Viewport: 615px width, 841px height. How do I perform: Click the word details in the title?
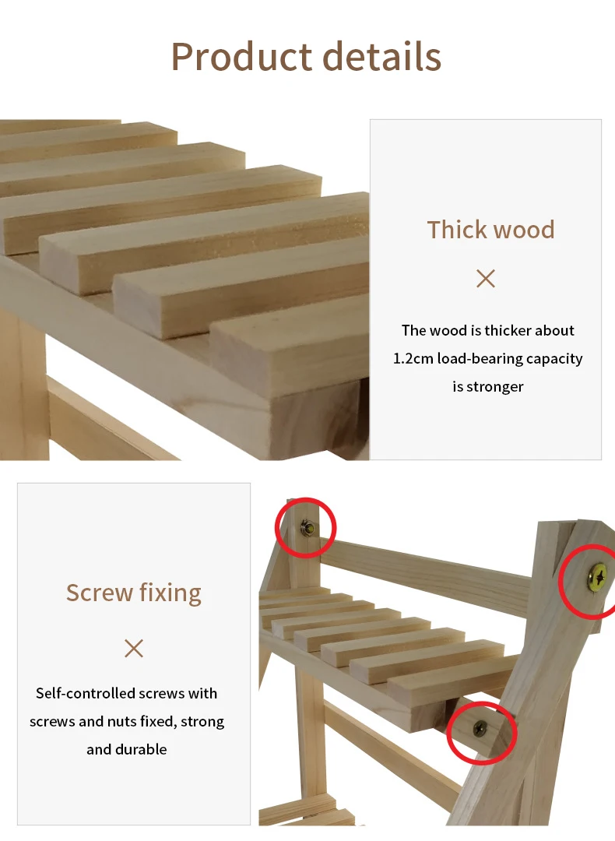[382, 56]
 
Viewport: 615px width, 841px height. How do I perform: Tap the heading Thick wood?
[490, 230]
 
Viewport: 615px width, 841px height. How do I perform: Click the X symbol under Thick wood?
[486, 278]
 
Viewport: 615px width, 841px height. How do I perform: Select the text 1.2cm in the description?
[413, 358]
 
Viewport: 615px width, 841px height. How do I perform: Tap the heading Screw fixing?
[133, 593]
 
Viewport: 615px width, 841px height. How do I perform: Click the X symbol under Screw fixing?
[133, 648]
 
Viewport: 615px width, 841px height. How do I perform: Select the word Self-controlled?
[83, 693]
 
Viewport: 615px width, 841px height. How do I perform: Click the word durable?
[142, 749]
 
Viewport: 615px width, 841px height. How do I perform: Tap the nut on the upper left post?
[307, 528]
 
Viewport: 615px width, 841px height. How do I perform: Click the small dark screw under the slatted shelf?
[480, 728]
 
